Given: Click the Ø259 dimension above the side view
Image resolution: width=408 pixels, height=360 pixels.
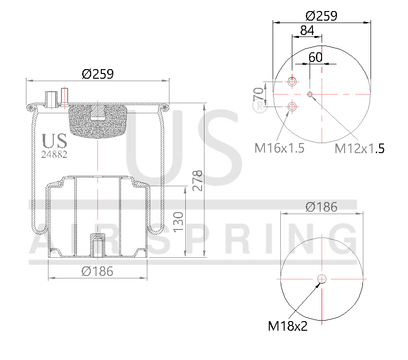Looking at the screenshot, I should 97,74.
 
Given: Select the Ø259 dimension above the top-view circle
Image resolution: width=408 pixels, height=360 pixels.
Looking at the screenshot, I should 321,15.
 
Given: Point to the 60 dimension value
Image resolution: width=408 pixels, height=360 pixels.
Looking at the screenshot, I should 315,57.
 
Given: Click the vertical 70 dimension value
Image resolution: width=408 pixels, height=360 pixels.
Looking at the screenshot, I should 258,94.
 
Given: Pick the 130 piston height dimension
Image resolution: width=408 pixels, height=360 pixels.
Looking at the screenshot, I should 178,221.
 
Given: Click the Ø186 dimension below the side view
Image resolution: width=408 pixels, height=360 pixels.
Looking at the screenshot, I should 97,271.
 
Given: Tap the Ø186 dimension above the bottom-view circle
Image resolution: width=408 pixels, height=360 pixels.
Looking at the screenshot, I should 321,207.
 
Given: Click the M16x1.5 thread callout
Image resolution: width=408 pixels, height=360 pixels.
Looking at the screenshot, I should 279,148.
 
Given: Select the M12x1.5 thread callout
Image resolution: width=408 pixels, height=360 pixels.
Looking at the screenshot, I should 359,148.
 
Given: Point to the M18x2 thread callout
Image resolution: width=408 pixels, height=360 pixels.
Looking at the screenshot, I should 288,326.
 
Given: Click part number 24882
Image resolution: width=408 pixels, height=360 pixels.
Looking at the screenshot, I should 54,155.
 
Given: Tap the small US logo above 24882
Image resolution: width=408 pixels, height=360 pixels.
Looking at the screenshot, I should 54,141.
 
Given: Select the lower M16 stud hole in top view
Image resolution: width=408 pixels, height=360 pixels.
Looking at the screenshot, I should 292,106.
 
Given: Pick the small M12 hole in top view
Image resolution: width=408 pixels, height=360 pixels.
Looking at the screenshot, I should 310,94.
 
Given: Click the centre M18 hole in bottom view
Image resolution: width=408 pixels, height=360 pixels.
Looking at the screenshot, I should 321,279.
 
